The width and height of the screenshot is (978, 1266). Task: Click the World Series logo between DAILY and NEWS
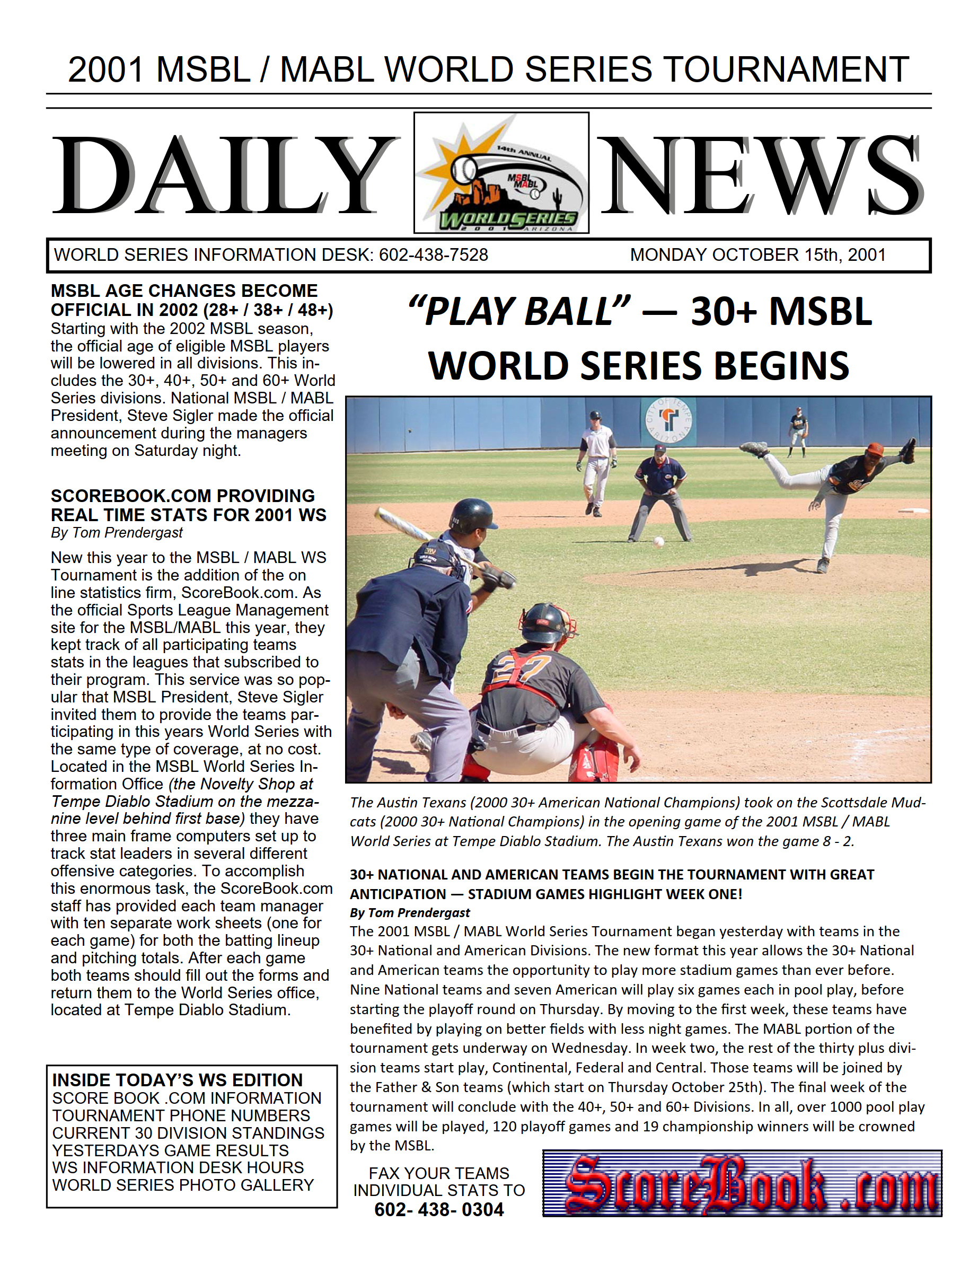(x=501, y=173)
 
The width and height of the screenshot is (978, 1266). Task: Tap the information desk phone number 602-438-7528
(x=433, y=255)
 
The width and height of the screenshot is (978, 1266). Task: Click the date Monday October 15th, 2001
(x=757, y=255)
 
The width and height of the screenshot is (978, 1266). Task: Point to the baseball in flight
(x=658, y=541)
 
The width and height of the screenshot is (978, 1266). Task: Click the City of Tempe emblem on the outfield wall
(x=668, y=420)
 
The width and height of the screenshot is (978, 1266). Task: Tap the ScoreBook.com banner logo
(x=742, y=1184)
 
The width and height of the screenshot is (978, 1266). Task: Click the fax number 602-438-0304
(x=439, y=1210)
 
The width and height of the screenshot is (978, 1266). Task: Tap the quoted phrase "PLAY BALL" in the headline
(x=519, y=312)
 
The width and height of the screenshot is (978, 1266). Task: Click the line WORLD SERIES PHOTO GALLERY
(x=183, y=1185)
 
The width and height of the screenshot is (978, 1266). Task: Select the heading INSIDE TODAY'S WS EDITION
(x=178, y=1080)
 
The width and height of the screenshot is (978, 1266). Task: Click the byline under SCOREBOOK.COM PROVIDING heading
(x=117, y=533)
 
